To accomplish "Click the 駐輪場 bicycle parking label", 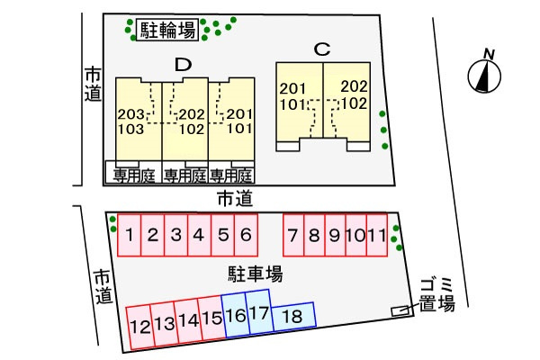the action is [167, 30].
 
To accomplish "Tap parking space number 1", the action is [129, 235].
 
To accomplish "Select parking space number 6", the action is [246, 235].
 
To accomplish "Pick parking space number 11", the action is [377, 235].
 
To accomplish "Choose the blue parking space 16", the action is [236, 316].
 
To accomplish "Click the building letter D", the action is [183, 65].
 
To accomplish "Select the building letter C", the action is [322, 49].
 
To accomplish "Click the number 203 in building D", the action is [130, 114].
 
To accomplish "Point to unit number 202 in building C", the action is [354, 86].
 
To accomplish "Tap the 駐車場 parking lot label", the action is [256, 274].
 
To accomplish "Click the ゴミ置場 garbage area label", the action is [436, 295].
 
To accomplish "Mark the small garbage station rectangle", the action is [400, 310].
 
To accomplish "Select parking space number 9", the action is [335, 235].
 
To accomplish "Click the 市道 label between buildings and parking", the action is [235, 199].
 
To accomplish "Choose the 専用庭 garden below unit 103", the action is [133, 176].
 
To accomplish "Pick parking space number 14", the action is [188, 321].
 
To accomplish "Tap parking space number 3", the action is [176, 235].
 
